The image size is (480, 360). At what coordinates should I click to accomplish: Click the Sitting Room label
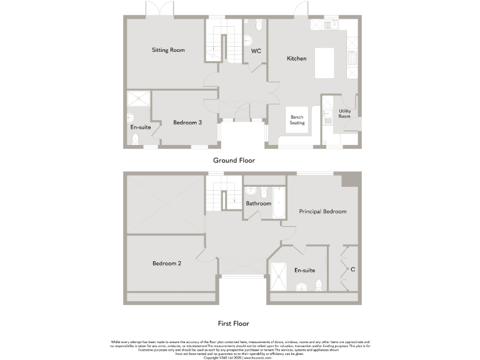(168, 50)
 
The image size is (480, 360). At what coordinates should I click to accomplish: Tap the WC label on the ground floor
(256, 51)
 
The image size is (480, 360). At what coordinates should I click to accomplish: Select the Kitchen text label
(296, 59)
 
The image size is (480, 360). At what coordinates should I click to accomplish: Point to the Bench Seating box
(297, 120)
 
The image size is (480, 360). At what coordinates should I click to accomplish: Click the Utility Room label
(344, 114)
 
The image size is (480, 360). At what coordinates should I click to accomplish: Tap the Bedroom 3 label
(187, 122)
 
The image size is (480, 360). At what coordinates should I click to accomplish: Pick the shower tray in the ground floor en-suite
(139, 97)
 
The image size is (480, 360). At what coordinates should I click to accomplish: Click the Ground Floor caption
(234, 161)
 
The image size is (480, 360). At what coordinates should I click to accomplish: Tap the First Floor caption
(234, 324)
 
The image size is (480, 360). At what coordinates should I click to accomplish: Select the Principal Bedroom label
(322, 212)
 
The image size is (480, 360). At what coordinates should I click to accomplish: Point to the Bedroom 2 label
(167, 264)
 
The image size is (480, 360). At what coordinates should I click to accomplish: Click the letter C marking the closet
(353, 270)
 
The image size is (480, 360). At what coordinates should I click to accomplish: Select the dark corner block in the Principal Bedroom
(351, 179)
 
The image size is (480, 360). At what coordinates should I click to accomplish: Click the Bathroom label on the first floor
(258, 204)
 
